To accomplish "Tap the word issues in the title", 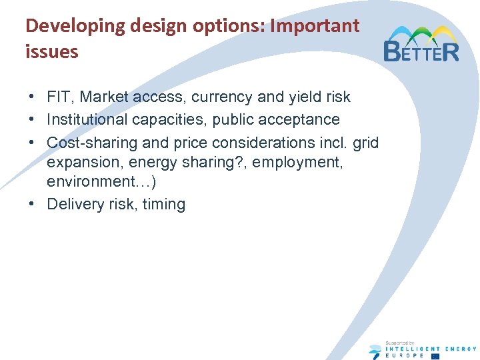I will click(51, 51).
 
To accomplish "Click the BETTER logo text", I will click(421, 50).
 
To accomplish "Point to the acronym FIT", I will click(59, 97).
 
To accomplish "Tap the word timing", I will click(164, 205).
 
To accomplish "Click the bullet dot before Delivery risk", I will click(33, 204).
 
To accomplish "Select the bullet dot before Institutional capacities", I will click(33, 119).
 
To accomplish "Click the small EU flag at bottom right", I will click(454, 355).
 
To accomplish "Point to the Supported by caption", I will click(401, 342).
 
